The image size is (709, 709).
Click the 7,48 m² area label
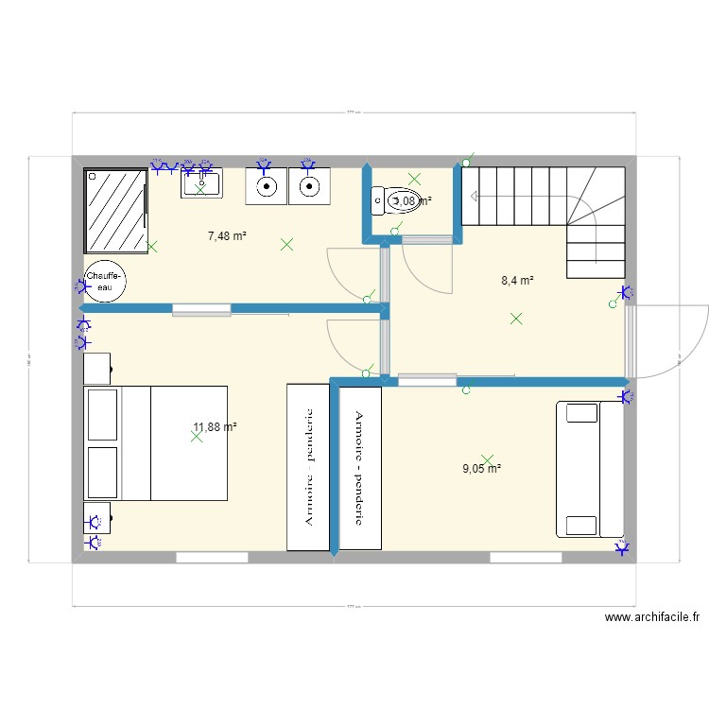coord(227,235)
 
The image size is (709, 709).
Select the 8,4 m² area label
coord(517,280)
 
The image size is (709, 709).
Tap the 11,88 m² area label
coord(215,427)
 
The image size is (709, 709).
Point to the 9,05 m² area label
coord(481,467)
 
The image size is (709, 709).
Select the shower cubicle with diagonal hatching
coord(115,210)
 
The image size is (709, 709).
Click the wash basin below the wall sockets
coord(201,183)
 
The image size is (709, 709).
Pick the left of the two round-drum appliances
coord(267,186)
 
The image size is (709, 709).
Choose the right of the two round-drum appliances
coord(309,186)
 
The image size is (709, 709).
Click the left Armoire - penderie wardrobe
coord(307,467)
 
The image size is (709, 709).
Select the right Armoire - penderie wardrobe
coord(360,467)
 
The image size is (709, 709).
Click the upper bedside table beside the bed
coord(98,369)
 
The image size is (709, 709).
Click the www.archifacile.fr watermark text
coord(651,617)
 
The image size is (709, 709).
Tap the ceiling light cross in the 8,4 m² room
coord(516,319)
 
